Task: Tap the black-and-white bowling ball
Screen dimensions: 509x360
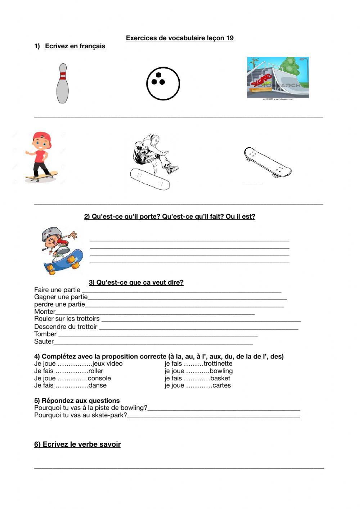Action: (x=163, y=84)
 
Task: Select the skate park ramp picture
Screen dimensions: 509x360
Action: (x=278, y=77)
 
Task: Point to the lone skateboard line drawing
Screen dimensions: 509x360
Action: (x=267, y=162)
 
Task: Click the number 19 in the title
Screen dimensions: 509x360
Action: (x=230, y=38)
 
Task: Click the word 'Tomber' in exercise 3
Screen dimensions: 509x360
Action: (x=45, y=334)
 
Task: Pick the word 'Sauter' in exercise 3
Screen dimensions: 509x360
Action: (x=44, y=341)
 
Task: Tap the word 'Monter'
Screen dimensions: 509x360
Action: (x=45, y=312)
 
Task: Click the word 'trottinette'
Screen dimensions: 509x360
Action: (x=218, y=364)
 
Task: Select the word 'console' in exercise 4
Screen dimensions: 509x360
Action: (x=99, y=378)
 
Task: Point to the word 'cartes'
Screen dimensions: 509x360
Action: (x=221, y=385)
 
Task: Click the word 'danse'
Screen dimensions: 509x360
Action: (x=97, y=385)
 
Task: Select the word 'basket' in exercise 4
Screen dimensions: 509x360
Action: (x=220, y=378)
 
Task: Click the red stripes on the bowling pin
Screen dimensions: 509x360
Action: (x=63, y=76)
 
